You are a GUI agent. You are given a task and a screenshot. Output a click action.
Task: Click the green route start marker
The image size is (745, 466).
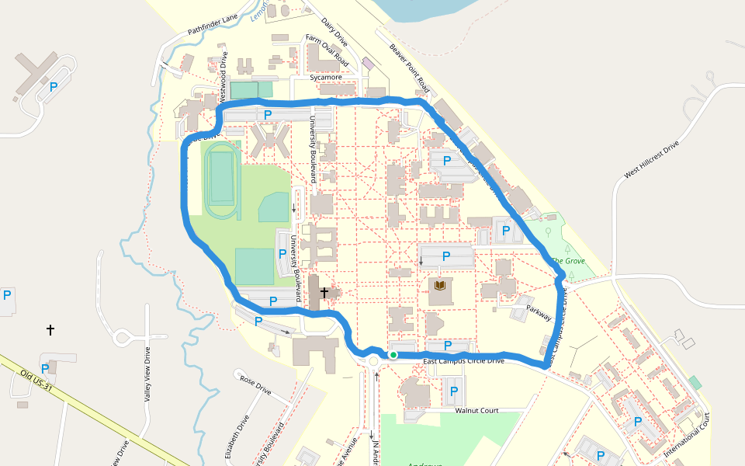[x=393, y=355]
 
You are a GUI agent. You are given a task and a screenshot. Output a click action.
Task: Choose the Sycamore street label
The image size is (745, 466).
[x=326, y=77]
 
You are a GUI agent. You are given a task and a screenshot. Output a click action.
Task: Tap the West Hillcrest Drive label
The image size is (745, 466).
[x=651, y=160]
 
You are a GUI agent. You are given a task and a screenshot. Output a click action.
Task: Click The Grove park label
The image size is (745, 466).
[x=568, y=261]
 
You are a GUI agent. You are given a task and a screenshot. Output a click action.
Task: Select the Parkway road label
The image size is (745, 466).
[x=539, y=312]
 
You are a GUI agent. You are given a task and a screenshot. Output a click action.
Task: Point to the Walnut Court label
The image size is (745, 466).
[x=476, y=410]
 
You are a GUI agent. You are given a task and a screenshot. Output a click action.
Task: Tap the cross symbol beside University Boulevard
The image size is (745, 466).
[x=324, y=293]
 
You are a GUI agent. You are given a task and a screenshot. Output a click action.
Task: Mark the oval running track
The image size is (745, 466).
[x=222, y=180]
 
